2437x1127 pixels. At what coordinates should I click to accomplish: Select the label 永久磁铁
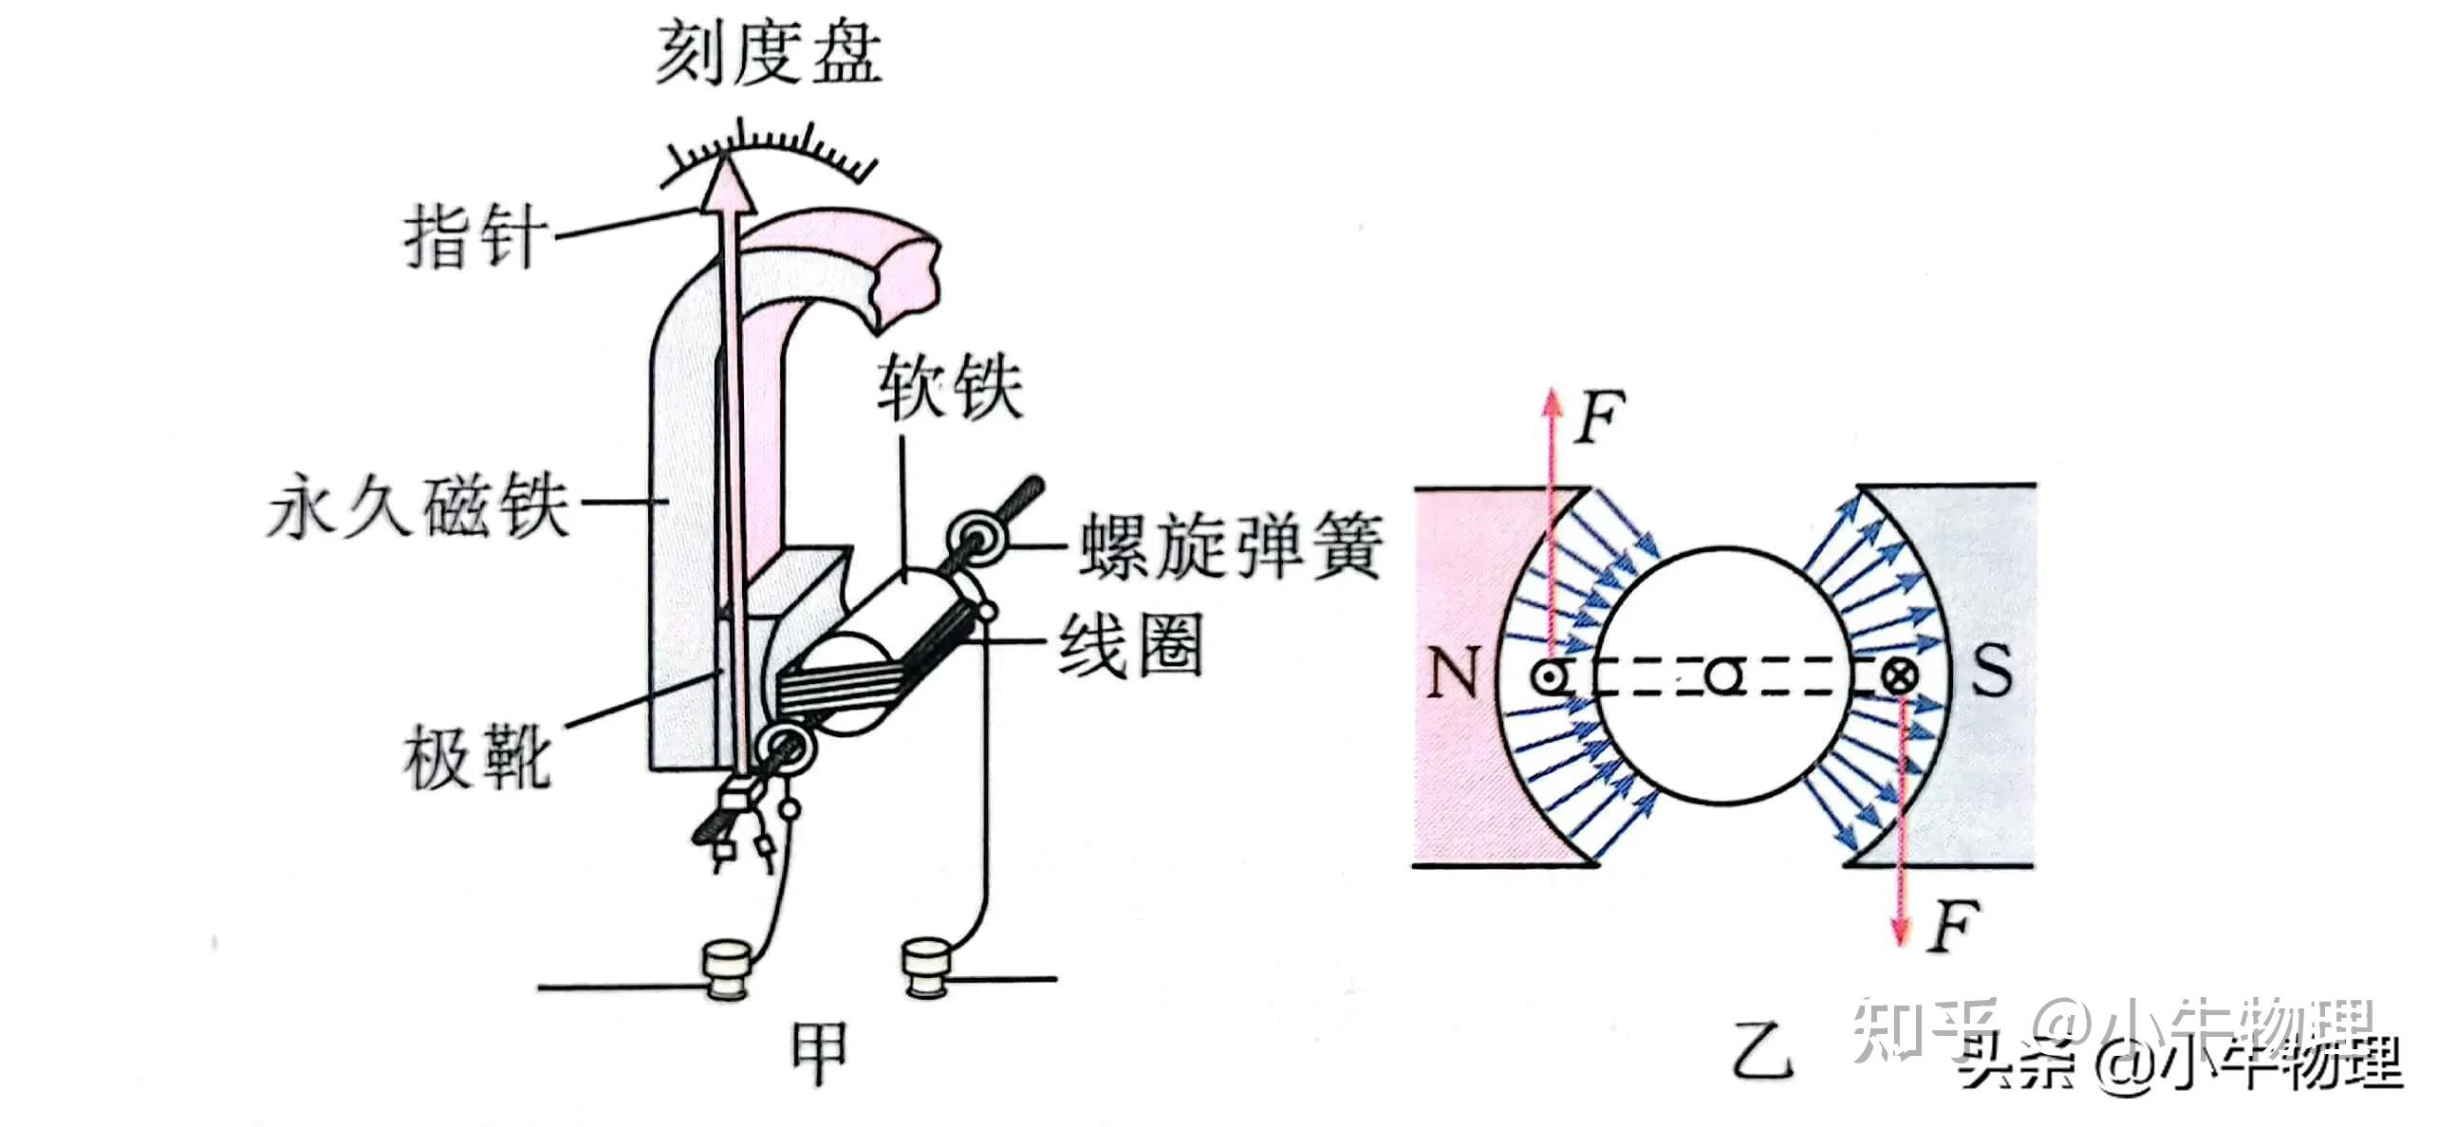[x=419, y=509]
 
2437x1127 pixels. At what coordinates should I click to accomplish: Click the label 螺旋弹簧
[x=1228, y=547]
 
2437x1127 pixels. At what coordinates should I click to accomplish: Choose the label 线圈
[x=1130, y=644]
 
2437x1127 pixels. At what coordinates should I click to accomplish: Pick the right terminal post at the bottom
[x=926, y=968]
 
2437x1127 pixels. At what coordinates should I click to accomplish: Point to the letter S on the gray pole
[x=1991, y=672]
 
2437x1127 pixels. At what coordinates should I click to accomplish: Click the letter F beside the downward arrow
[x=1952, y=927]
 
